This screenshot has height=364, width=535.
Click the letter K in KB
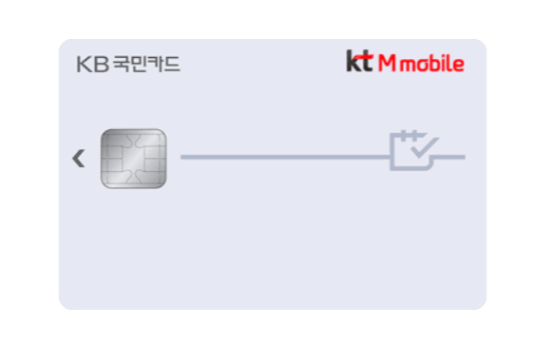84,65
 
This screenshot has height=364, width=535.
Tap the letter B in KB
101,65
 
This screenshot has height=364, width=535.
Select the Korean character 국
121,64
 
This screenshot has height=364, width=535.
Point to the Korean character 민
139,64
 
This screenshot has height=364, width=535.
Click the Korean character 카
155,64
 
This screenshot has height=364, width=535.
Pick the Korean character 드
172,64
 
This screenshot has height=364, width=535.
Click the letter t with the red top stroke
366,62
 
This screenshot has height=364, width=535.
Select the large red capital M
387,63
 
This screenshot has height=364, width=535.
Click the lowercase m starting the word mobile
408,66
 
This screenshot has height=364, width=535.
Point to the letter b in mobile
437,63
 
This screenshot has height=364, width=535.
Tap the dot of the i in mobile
447,56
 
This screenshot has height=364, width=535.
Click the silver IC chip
134,159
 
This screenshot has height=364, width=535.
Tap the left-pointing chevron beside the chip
79,159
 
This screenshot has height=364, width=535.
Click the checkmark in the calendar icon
425,147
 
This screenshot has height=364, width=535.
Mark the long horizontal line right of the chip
285,157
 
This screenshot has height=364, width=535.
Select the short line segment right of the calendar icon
449,157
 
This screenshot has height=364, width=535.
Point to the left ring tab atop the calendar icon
404,135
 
